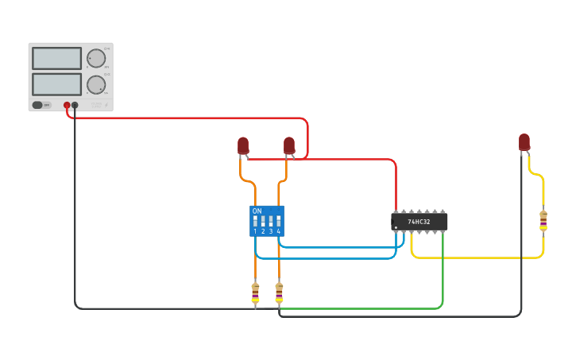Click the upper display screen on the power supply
click(x=56, y=58)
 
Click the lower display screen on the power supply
click(x=56, y=84)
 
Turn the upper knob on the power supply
click(x=96, y=59)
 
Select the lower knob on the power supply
click(x=96, y=85)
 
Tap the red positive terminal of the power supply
click(x=67, y=105)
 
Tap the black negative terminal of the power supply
click(x=75, y=105)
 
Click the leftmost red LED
click(x=243, y=145)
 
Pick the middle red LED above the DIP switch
click(x=289, y=145)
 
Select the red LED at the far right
click(x=524, y=142)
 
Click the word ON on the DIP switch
click(x=257, y=211)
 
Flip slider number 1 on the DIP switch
click(x=255, y=220)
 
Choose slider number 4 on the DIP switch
click(x=278, y=220)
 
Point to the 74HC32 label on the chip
click(x=419, y=222)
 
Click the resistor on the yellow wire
click(x=543, y=221)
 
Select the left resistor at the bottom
click(x=255, y=293)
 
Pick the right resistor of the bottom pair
click(x=279, y=293)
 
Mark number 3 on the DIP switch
click(x=271, y=231)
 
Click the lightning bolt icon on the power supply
click(x=106, y=105)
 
